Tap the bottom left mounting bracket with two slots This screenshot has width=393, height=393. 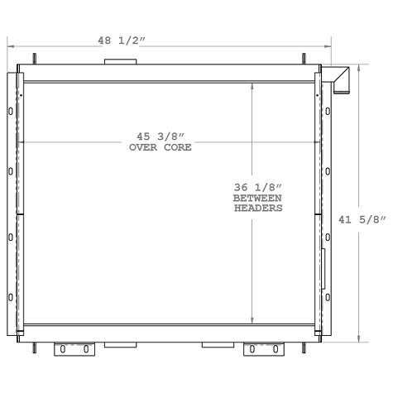(x=72, y=349)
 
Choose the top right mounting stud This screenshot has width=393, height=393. (x=304, y=60)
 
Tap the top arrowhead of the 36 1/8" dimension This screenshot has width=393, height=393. (x=254, y=84)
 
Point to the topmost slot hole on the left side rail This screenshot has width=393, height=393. (x=11, y=111)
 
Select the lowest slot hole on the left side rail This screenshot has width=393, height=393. (x=11, y=297)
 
